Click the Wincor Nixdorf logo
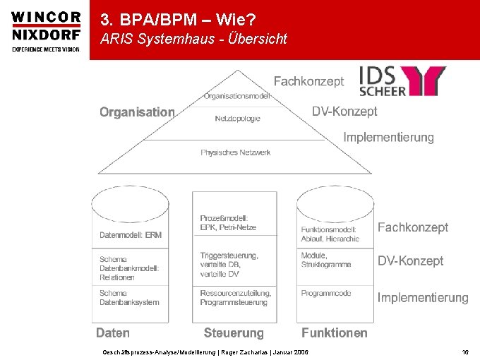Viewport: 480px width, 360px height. tap(46, 30)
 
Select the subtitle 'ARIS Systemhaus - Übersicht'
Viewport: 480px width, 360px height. tap(193, 40)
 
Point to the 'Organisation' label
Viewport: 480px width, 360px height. tap(137, 112)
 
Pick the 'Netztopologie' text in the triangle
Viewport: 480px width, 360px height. tap(237, 119)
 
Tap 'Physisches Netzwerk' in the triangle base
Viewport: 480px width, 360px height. tap(235, 152)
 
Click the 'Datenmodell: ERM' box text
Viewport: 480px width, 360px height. tap(131, 235)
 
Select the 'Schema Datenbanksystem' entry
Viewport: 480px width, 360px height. tap(129, 297)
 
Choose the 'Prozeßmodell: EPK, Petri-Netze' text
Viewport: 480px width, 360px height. tap(228, 222)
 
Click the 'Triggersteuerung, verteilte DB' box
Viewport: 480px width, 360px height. tap(229, 264)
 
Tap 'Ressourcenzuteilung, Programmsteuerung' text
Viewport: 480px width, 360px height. tap(235, 297)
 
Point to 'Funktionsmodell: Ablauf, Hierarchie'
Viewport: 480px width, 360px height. tap(330, 234)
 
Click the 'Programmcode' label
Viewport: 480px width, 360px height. tap(327, 293)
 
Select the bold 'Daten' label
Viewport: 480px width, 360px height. tap(113, 332)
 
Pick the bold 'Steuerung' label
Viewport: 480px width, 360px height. tap(234, 332)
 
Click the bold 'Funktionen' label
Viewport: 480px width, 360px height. tap(335, 332)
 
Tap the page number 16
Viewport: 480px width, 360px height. tap(465, 351)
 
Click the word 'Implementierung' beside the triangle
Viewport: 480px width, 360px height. tap(388, 137)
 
